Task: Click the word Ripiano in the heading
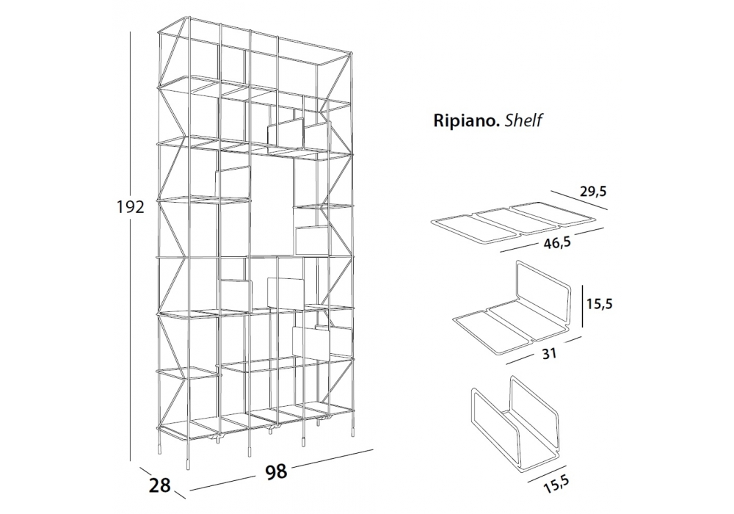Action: click(464, 122)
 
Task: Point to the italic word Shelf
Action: click(523, 122)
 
